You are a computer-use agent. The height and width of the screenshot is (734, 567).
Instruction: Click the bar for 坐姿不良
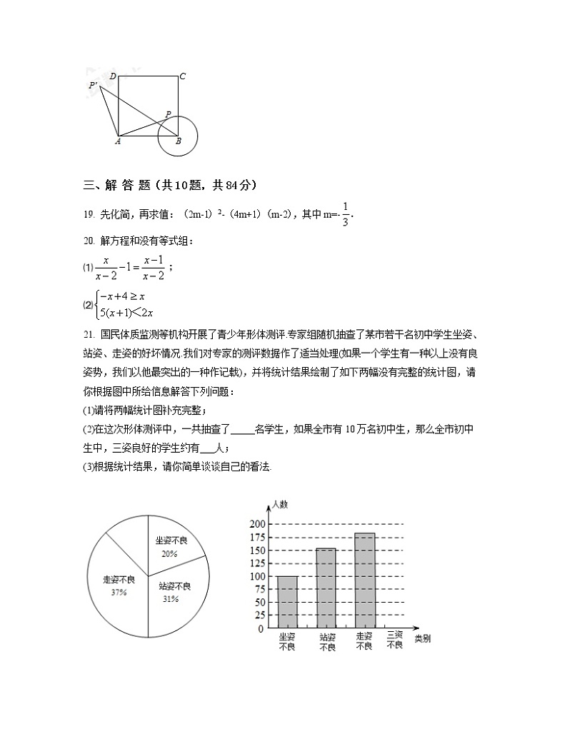[287, 602]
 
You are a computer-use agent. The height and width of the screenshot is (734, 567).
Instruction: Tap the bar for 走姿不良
[364, 580]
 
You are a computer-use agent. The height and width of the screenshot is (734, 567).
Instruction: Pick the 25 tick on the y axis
[259, 615]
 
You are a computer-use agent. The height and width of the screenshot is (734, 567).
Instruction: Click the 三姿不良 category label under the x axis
[395, 640]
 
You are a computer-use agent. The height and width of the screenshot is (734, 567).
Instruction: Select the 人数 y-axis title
[279, 504]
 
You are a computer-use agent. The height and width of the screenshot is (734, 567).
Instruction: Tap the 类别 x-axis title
[422, 638]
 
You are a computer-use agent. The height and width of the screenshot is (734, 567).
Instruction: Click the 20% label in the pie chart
[169, 553]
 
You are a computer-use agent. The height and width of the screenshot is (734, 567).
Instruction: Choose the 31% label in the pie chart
[170, 599]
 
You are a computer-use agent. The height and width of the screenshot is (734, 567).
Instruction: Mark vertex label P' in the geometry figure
[94, 86]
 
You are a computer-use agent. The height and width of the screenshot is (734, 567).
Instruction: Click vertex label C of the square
[183, 76]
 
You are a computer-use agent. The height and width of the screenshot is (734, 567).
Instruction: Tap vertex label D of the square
[113, 76]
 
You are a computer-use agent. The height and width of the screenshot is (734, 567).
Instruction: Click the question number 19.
[89, 213]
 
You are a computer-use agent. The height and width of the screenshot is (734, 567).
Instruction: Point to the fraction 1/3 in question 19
[346, 213]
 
